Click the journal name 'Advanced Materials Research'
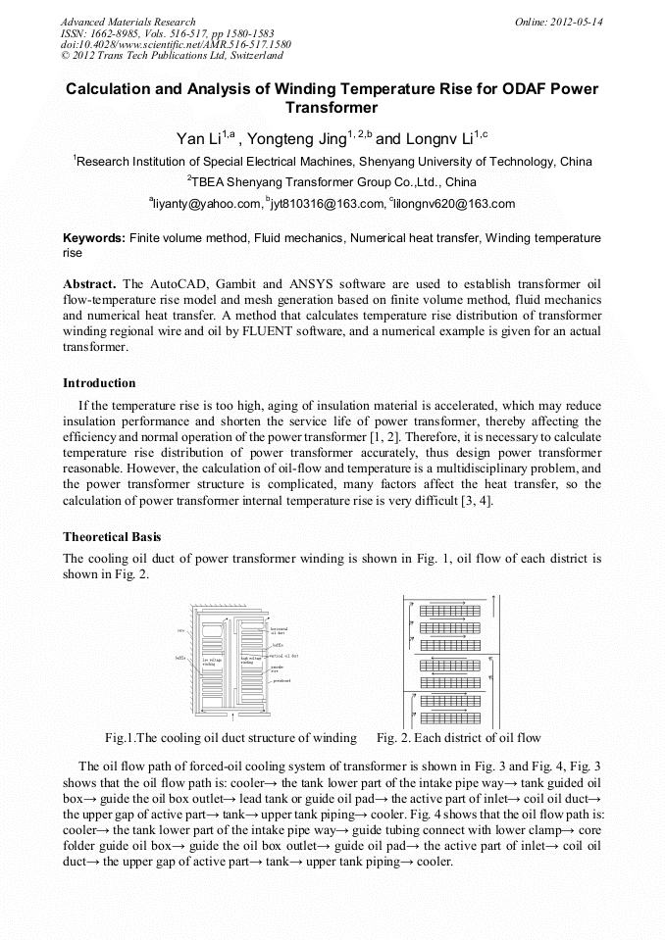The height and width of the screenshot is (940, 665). (x=128, y=22)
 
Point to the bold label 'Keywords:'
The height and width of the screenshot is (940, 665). (x=94, y=238)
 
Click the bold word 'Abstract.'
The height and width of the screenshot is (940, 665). (x=90, y=283)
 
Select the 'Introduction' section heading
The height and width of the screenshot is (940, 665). (x=99, y=382)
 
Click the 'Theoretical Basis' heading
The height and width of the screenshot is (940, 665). (x=112, y=537)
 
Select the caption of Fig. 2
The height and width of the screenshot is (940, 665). (x=458, y=737)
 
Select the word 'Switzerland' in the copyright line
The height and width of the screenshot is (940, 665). (x=253, y=55)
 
